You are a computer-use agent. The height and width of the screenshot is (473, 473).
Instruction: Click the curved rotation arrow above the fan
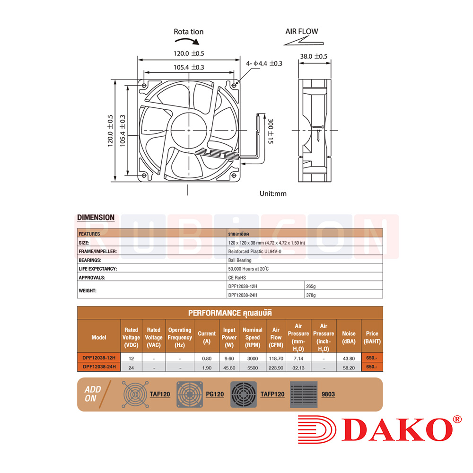(188, 44)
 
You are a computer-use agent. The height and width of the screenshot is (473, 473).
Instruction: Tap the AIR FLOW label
(301, 32)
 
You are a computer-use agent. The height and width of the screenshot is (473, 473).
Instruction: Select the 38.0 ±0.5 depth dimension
(314, 56)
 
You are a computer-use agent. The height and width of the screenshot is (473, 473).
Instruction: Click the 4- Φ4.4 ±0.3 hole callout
(264, 63)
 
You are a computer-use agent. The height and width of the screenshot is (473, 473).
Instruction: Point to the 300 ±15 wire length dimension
(271, 131)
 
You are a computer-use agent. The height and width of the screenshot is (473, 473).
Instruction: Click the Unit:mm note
(273, 193)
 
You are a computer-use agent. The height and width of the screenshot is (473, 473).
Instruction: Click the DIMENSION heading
(96, 218)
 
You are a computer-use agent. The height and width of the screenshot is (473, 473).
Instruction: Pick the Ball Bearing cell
(239, 260)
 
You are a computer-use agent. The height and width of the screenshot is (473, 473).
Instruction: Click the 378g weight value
(311, 295)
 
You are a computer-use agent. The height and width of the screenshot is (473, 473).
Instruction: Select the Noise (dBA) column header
(349, 337)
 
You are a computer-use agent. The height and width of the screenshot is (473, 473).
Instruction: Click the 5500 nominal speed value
(252, 367)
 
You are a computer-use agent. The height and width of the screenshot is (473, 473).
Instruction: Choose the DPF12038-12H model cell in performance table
(99, 358)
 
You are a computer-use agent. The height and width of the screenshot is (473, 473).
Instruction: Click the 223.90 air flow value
(276, 367)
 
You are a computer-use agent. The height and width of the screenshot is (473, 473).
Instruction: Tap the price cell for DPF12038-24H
(372, 367)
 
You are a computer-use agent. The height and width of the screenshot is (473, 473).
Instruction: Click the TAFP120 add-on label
(272, 394)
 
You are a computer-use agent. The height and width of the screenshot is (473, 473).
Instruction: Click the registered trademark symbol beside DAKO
(457, 420)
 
